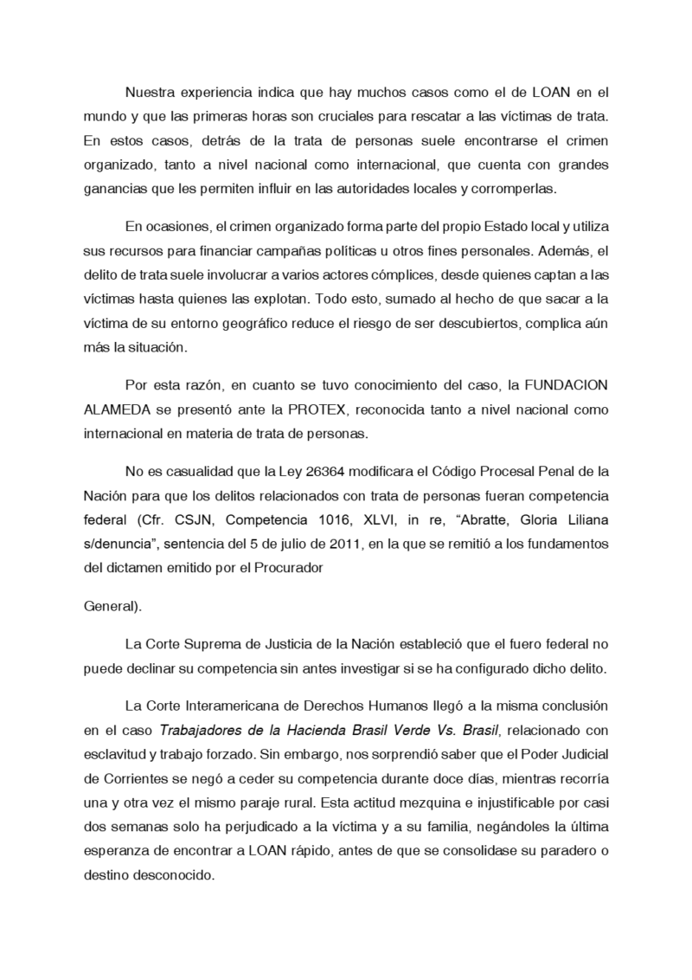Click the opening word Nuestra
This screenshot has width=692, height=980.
click(x=151, y=91)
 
